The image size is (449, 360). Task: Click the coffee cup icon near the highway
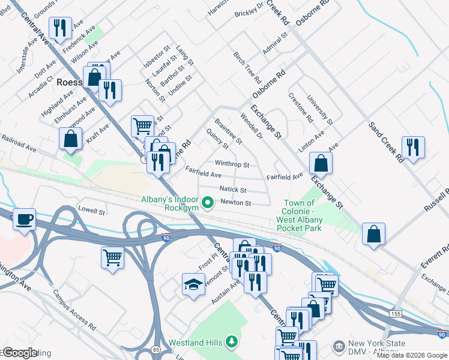tap(24, 219)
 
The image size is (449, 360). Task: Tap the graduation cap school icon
tap(194, 284)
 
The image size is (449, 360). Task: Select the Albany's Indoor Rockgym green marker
tap(208, 203)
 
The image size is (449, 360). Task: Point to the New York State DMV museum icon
tap(339, 346)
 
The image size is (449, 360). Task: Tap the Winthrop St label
tap(232, 164)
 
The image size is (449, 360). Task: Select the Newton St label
tap(235, 203)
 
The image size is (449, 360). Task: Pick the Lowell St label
tap(91, 210)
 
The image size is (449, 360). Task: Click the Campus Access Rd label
tap(74, 310)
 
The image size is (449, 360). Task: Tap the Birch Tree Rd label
tap(248, 67)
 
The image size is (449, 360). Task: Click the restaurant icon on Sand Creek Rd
tap(413, 147)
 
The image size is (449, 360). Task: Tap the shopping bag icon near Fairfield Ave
tap(321, 163)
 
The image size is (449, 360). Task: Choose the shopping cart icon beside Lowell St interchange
tap(112, 257)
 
